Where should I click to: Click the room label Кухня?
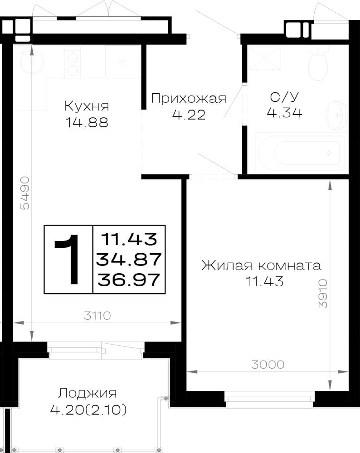(x=87, y=106)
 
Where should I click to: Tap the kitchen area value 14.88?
(x=87, y=122)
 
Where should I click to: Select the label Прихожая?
(x=189, y=98)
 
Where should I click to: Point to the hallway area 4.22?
(x=189, y=115)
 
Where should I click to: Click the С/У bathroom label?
(x=284, y=97)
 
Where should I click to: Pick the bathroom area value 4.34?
(x=284, y=112)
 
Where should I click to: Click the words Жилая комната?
(x=261, y=265)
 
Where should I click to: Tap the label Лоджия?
(x=88, y=394)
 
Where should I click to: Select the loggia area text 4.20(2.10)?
(x=88, y=410)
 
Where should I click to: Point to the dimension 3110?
(x=97, y=316)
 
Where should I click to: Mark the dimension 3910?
(x=323, y=294)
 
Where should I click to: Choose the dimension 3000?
(x=268, y=365)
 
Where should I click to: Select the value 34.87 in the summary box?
(x=129, y=259)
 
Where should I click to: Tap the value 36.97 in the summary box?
(x=129, y=280)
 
